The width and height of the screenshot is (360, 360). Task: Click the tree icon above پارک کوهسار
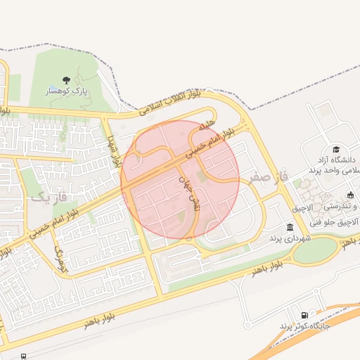pyautogui.click(x=66, y=80)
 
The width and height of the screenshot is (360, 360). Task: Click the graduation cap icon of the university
pyautogui.click(x=337, y=149)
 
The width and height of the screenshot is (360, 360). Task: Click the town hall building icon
pyautogui.click(x=290, y=227)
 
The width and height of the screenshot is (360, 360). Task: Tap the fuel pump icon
pyautogui.click(x=304, y=315)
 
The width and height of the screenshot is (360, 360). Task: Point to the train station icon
pyautogui.click(x=24, y=356)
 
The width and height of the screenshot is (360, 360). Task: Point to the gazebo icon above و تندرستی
pyautogui.click(x=351, y=195)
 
